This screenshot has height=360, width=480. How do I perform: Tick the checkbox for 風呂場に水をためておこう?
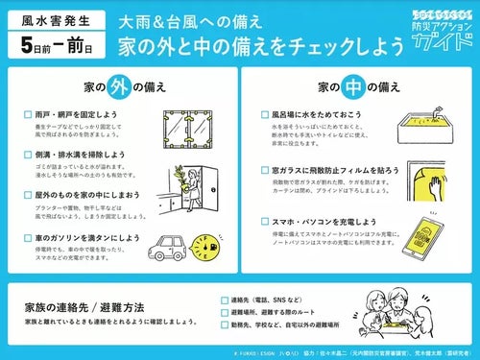pyautogui.click(x=263, y=113)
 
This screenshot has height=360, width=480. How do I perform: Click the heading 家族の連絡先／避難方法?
pyautogui.click(x=84, y=307)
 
